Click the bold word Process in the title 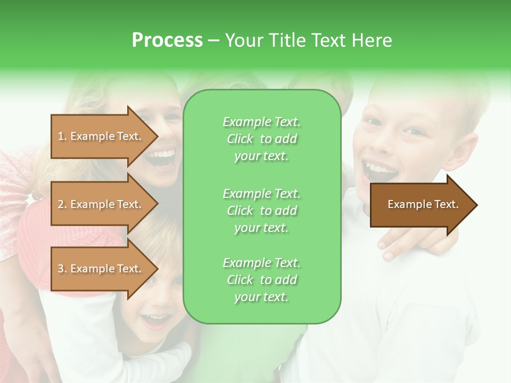coord(167,40)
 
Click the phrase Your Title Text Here coord(309,40)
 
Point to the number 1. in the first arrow coord(62,136)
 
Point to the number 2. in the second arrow coord(62,204)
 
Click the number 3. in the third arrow coord(62,269)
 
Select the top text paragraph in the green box coord(261,139)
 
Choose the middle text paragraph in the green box coord(261,210)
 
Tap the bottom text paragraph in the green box coord(261,280)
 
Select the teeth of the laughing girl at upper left coord(162,155)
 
